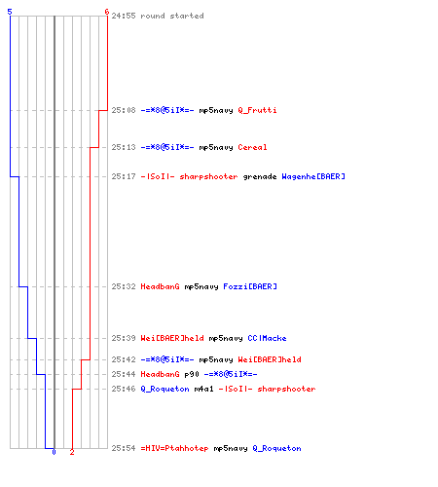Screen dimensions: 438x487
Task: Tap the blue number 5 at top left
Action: click(10, 12)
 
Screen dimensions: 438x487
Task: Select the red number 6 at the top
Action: click(107, 12)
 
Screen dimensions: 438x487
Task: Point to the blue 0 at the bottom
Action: click(54, 452)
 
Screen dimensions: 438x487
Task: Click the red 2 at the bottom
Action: click(72, 452)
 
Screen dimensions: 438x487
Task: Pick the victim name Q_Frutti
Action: click(257, 110)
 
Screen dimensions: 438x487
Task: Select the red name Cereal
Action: click(252, 147)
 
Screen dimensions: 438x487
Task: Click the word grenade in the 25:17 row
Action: click(260, 177)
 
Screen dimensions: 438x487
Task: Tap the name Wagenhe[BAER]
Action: click(313, 176)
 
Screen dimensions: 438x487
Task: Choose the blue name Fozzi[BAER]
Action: click(250, 286)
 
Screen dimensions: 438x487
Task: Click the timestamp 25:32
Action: click(124, 286)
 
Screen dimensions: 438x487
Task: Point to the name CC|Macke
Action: click(267, 338)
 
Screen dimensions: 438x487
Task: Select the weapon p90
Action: click(192, 375)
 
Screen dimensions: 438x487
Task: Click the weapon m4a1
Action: click(203, 389)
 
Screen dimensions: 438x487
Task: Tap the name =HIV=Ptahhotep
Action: click(174, 449)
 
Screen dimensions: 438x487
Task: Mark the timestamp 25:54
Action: click(124, 448)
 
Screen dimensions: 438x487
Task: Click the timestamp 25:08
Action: click(124, 110)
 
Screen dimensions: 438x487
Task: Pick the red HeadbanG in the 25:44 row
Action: click(160, 374)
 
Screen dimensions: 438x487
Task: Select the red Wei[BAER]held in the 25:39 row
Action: click(172, 338)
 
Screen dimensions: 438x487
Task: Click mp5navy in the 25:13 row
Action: click(216, 148)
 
